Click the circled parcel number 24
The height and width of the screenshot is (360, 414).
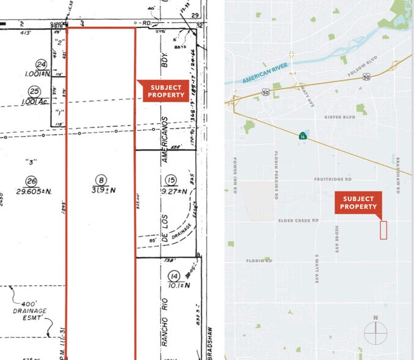(41, 64)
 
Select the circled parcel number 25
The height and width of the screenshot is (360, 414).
(35, 91)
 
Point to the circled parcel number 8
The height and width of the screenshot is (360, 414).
(102, 179)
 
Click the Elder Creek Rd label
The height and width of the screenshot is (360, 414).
(299, 220)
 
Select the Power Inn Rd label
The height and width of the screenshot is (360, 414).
(235, 176)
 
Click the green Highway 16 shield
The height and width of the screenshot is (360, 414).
(302, 137)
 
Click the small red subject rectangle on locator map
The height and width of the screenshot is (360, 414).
(383, 230)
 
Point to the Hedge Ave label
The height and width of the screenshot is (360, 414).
(336, 238)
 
